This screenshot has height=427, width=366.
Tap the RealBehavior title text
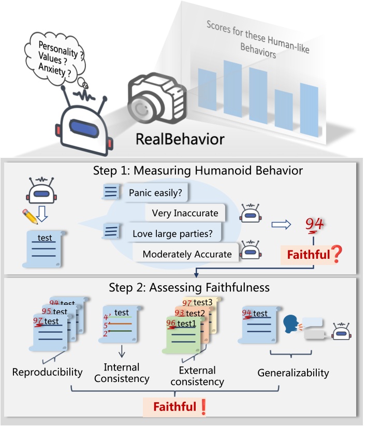tap(180, 139)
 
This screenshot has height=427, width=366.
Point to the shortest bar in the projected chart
tap(284, 113)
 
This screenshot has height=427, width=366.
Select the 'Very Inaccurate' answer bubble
tap(185, 213)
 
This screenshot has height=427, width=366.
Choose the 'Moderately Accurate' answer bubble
tap(187, 254)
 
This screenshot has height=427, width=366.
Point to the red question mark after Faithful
tap(337, 254)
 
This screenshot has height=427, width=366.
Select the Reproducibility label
tap(47, 372)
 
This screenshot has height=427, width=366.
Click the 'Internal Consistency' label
tap(122, 373)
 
